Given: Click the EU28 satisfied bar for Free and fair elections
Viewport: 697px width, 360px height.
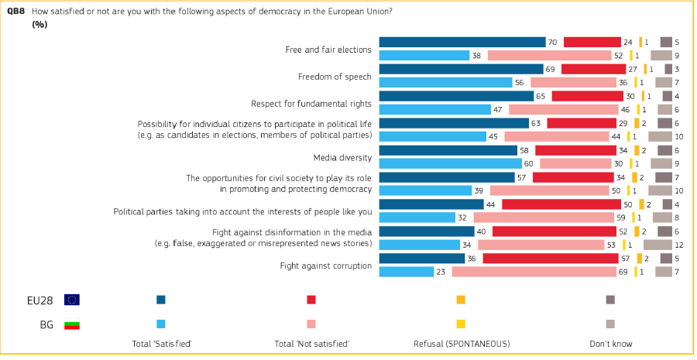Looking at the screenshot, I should [x=462, y=42].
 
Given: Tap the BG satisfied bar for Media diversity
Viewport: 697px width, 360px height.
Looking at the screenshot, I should [x=451, y=163].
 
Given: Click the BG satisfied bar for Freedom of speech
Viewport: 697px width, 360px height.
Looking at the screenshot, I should [x=445, y=82].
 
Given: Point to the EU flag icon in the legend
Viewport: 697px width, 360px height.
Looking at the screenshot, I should [x=72, y=300].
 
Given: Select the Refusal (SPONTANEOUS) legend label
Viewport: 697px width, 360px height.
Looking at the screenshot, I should [x=462, y=343].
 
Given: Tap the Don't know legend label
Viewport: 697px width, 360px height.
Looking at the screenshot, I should [x=611, y=343].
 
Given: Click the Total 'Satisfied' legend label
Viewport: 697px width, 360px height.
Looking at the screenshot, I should [x=163, y=343].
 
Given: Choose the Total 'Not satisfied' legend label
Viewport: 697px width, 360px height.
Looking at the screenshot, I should [x=312, y=343].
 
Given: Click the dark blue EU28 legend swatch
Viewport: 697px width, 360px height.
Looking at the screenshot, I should [x=161, y=300].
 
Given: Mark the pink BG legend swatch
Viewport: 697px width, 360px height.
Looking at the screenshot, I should [x=311, y=324].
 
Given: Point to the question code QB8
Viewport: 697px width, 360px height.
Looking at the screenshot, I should [x=15, y=12].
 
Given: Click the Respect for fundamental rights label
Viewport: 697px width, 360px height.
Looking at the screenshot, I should [x=311, y=104].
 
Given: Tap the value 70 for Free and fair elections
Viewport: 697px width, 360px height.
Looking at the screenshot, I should [x=552, y=43].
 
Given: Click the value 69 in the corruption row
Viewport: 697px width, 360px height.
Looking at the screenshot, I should [x=622, y=272].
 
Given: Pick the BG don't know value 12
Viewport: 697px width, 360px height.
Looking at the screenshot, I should [x=678, y=245].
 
